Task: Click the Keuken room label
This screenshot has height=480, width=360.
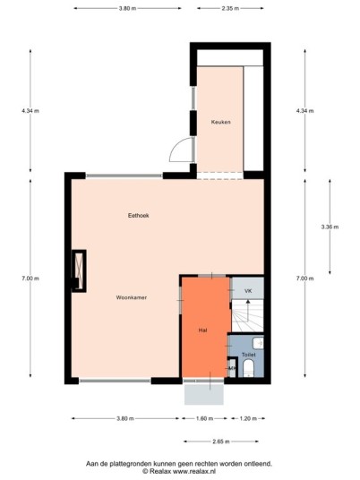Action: pyautogui.click(x=220, y=122)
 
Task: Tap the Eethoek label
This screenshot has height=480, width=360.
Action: pyautogui.click(x=139, y=216)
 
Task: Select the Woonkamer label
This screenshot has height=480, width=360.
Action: pyautogui.click(x=132, y=297)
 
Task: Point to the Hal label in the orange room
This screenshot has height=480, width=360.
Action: pyautogui.click(x=202, y=330)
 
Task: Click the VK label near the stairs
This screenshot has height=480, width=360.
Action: pyautogui.click(x=248, y=291)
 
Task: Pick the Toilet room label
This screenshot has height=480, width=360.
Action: pyautogui.click(x=249, y=355)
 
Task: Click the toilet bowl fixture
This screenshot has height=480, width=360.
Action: pyautogui.click(x=249, y=368)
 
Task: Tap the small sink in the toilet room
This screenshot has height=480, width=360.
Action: pyautogui.click(x=258, y=343)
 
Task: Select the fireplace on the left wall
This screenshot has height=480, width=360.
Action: pyautogui.click(x=79, y=271)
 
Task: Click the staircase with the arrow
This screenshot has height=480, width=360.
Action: pyautogui.click(x=247, y=315)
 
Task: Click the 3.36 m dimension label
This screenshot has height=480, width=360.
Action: pyautogui.click(x=330, y=227)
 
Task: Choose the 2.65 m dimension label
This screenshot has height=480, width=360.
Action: pyautogui.click(x=221, y=441)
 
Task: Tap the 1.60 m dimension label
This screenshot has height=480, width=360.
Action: pyautogui.click(x=204, y=418)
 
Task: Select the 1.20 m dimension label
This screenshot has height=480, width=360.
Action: pyautogui.click(x=248, y=418)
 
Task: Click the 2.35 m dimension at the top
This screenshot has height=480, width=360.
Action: pyautogui.click(x=230, y=8)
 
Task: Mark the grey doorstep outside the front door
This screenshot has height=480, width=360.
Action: pyautogui.click(x=204, y=394)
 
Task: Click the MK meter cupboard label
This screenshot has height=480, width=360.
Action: pyautogui.click(x=232, y=368)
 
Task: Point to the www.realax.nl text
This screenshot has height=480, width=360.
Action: pyautogui.click(x=194, y=471)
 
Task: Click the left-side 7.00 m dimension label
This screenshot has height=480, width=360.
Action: pyautogui.click(x=30, y=279)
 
